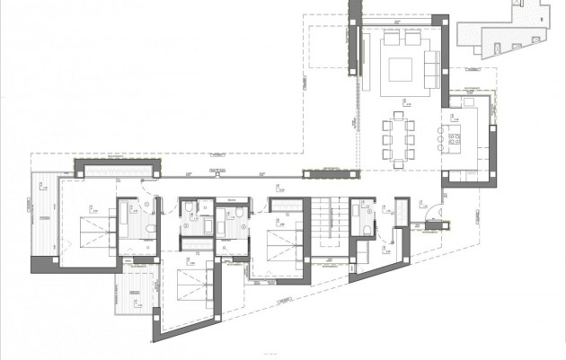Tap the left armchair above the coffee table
[x=391, y=40]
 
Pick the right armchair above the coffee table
[x=411, y=40]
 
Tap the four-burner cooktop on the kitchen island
[x=454, y=140]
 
